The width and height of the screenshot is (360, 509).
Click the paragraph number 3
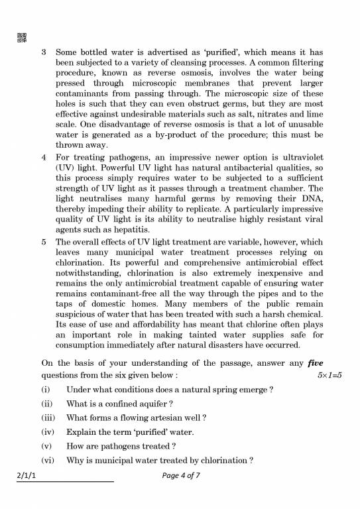coord(44,52)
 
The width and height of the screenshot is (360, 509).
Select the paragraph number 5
coord(44,243)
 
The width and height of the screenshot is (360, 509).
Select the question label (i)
coord(46,389)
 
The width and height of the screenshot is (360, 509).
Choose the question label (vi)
coord(47,461)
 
